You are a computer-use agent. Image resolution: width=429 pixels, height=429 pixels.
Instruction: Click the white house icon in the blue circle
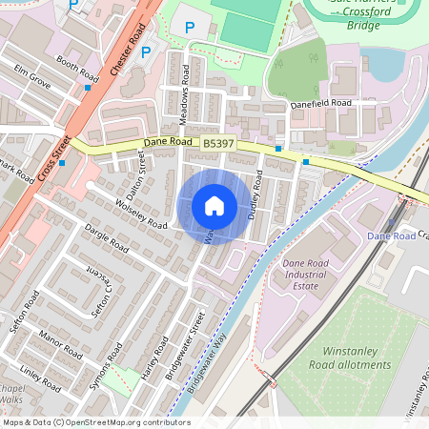pos(214,206)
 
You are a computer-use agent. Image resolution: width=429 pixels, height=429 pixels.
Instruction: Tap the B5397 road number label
pos(219,142)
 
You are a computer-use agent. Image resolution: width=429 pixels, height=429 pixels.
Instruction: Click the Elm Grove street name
pos(31,77)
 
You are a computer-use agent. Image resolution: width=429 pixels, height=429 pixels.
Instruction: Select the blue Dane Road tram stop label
pos(391,235)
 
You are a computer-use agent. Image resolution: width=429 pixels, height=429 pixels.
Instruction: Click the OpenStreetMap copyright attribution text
pos(96,422)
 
